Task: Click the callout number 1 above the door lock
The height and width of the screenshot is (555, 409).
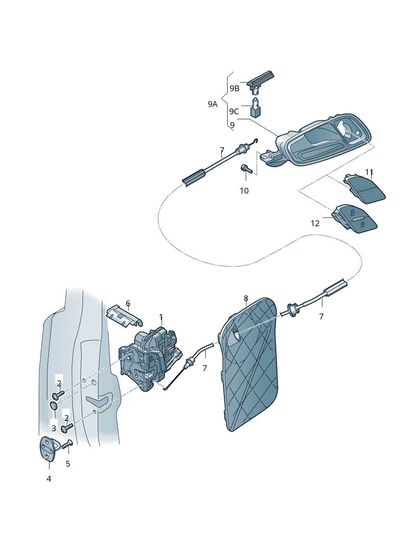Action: coord(161,317)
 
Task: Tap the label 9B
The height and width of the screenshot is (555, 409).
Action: coord(234,88)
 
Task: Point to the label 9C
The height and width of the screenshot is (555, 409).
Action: coord(234,111)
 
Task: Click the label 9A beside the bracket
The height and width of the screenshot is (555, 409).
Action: coord(212,104)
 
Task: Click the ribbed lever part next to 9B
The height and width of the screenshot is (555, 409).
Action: coord(260,80)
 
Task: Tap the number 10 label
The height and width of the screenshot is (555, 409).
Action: coord(244,191)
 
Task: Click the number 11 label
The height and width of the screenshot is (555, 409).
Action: coord(369,172)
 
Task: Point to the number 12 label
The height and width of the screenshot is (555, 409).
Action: coord(315,223)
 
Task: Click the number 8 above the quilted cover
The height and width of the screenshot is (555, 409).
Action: coord(246,298)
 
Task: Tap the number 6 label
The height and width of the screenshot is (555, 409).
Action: coord(128,304)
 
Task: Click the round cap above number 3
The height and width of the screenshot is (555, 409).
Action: coord(54,406)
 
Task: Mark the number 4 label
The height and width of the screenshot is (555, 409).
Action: coord(49,479)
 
